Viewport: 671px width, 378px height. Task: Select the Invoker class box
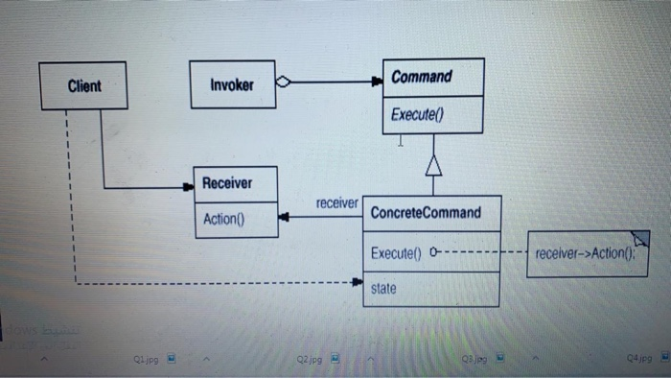point(231,84)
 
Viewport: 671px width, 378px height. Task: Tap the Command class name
point(421,76)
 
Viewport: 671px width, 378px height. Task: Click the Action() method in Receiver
point(224,219)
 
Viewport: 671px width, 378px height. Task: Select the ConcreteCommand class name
point(426,212)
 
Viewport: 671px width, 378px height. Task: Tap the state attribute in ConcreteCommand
point(383,287)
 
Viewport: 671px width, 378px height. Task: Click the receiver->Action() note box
point(585,253)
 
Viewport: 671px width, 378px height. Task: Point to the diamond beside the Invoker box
point(283,83)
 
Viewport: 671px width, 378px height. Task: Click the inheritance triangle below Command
point(432,167)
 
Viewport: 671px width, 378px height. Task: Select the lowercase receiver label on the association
point(336,203)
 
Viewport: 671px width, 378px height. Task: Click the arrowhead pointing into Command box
point(377,83)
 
